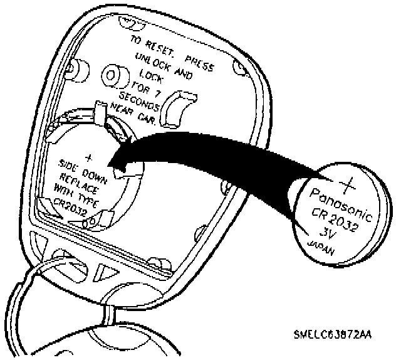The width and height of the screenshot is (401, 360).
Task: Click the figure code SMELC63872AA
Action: click(331, 335)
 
